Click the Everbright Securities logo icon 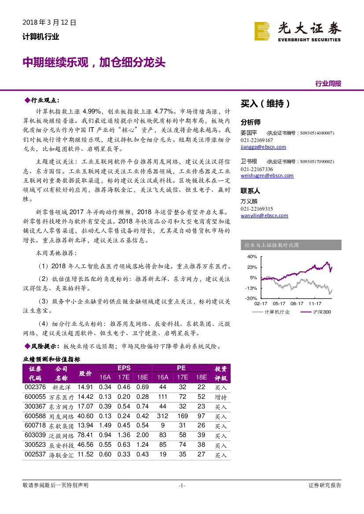[262, 31]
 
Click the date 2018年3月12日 [49, 22]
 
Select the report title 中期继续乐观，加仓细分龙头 [94, 62]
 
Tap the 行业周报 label [328, 84]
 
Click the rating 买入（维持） [265, 104]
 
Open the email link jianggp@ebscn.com [263, 147]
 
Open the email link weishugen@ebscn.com [267, 175]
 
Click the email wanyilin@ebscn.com [264, 215]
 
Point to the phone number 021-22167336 [257, 169]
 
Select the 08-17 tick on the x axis [297, 303]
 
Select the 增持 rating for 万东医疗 [221, 397]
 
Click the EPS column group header [124, 368]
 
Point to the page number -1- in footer [182, 485]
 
